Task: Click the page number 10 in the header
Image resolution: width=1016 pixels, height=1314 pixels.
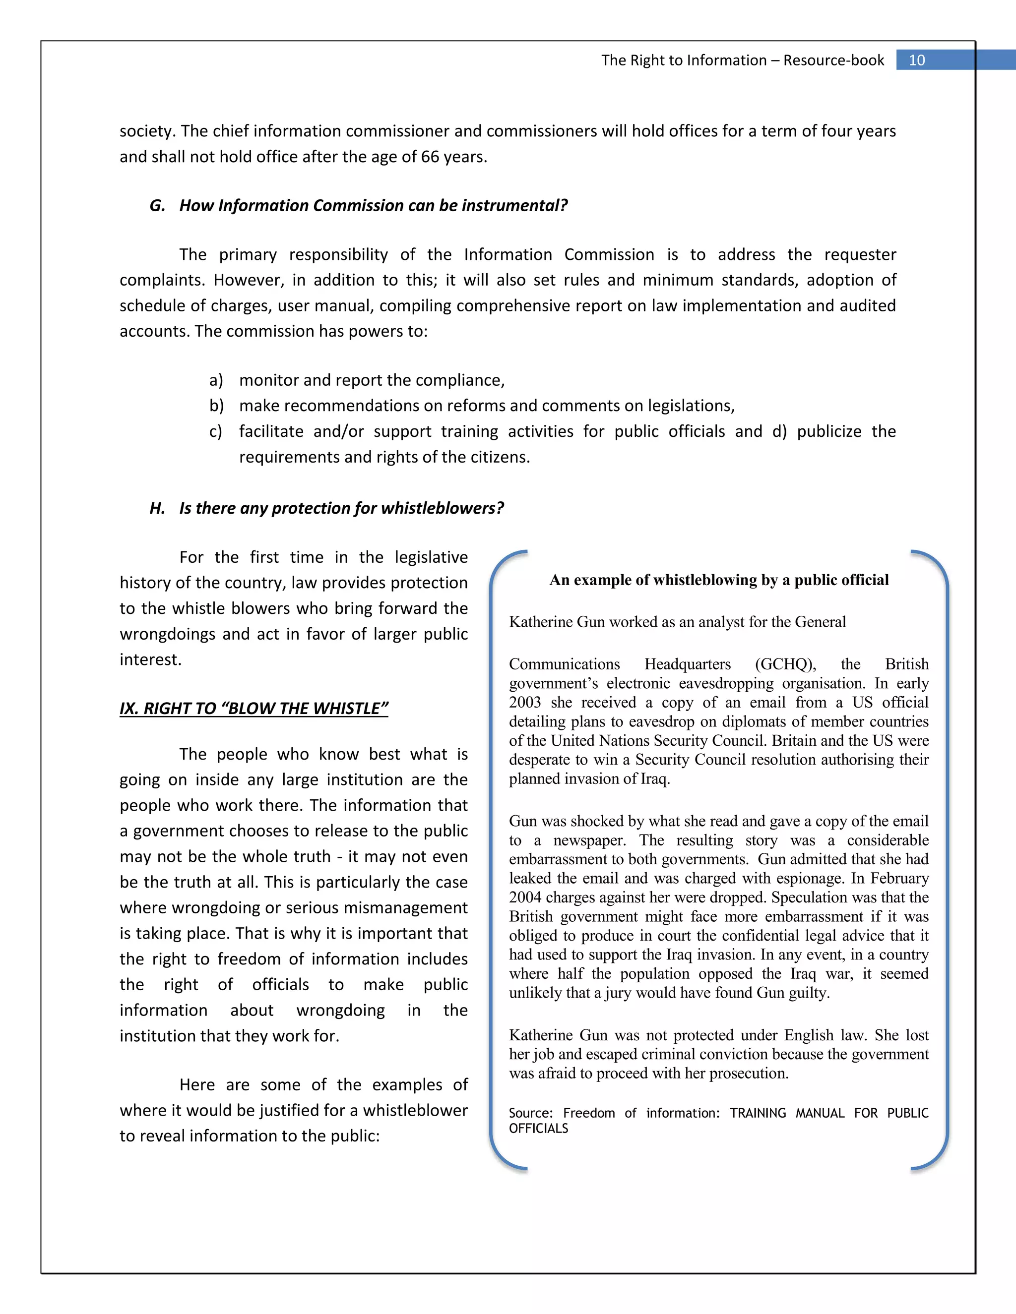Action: pyautogui.click(x=916, y=60)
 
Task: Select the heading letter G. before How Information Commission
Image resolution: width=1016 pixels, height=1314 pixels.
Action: pyautogui.click(x=157, y=206)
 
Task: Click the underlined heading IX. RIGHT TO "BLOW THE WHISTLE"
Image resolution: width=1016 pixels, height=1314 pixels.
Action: pyautogui.click(x=254, y=708)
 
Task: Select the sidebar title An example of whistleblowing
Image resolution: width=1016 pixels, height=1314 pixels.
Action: pyautogui.click(x=719, y=580)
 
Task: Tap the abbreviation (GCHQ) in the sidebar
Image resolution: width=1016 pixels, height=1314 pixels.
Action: pyautogui.click(x=785, y=664)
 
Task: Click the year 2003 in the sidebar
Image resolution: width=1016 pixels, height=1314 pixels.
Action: pyautogui.click(x=525, y=702)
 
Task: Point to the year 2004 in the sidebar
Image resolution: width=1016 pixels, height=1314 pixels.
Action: pyautogui.click(x=525, y=897)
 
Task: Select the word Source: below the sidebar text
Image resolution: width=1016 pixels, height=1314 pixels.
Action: pyautogui.click(x=530, y=1113)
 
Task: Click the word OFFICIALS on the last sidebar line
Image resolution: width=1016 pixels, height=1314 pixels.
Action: pyautogui.click(x=538, y=1129)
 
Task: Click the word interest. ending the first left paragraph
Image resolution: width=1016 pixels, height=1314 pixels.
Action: pyautogui.click(x=150, y=660)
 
